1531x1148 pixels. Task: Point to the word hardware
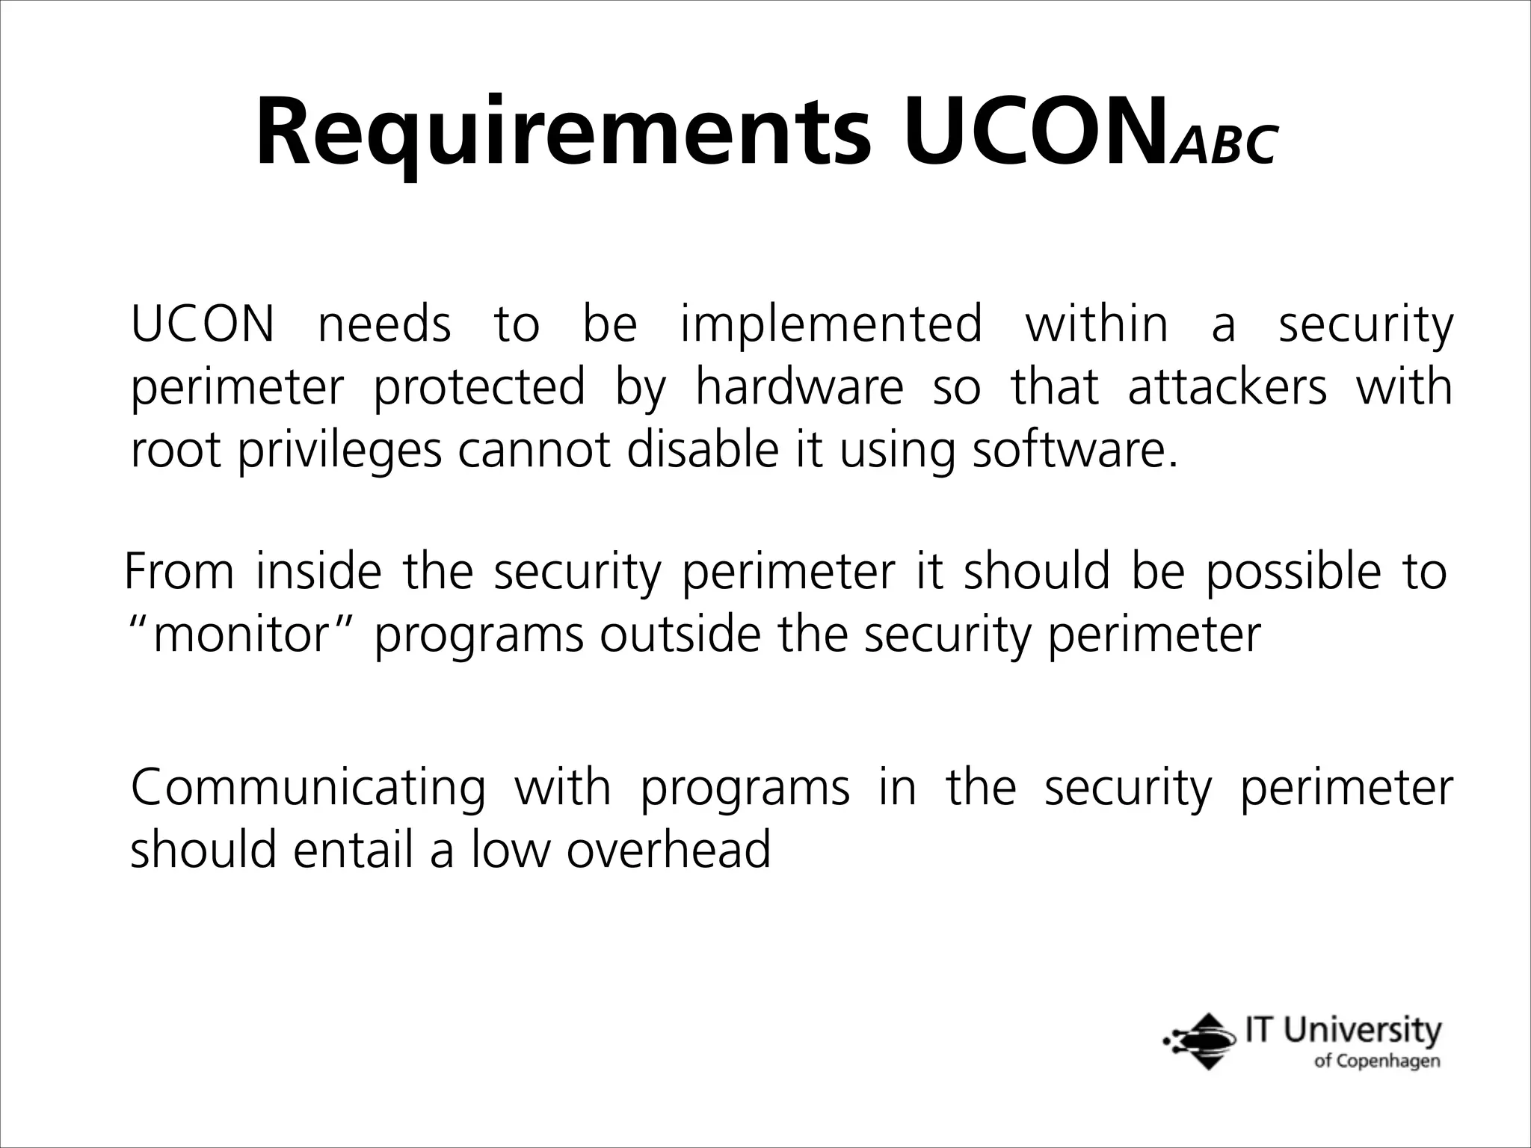tap(799, 388)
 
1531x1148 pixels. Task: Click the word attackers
tap(1227, 388)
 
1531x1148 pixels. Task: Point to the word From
tap(178, 573)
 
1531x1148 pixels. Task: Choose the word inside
tap(318, 573)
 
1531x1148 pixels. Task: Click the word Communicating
tap(308, 789)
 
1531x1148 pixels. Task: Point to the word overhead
tap(668, 851)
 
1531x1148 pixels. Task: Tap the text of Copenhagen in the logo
tap(1377, 1061)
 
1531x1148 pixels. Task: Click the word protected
tap(479, 388)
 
